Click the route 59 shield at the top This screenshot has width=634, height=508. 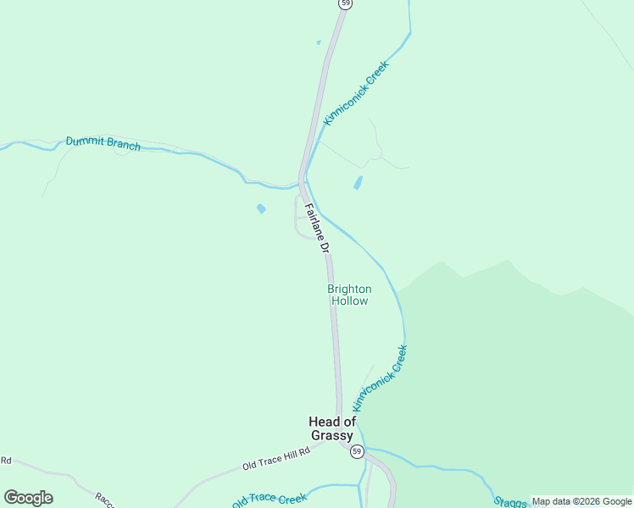345,3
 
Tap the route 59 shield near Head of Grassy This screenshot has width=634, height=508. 358,451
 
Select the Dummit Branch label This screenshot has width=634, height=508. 103,142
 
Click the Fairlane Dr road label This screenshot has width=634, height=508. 315,229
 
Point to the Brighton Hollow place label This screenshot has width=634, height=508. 349,295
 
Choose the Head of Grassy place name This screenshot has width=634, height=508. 331,428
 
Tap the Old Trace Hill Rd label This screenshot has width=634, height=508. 276,458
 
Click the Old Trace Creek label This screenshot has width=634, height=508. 270,499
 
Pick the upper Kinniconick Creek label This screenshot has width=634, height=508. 356,93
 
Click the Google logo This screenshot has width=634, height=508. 28,498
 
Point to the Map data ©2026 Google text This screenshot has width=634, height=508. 581,501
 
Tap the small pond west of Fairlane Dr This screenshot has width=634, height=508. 261,208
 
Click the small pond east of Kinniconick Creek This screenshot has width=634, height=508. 358,183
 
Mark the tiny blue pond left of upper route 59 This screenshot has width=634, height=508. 319,42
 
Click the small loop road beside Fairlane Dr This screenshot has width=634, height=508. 297,218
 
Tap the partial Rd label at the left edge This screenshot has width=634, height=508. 5,461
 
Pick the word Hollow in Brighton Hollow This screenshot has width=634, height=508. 349,301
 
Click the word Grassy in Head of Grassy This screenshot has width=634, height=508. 331,435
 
